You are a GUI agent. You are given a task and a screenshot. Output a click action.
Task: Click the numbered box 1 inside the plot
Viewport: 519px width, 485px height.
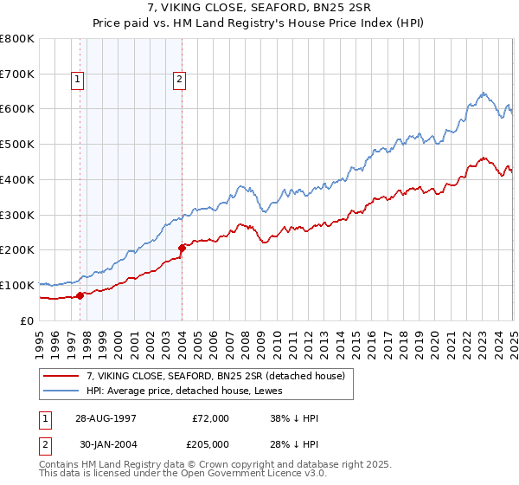(77, 81)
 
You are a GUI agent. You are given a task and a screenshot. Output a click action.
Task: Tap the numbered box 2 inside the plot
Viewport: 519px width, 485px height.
(179, 81)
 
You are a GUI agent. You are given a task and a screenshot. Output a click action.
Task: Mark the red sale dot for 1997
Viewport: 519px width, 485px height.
(80, 295)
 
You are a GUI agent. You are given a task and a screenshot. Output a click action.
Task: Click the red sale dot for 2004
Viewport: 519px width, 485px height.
(183, 249)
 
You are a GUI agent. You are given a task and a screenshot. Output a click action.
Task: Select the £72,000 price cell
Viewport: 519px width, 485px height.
(210, 418)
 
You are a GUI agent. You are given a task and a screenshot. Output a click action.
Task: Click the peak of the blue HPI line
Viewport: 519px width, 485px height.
(483, 92)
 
